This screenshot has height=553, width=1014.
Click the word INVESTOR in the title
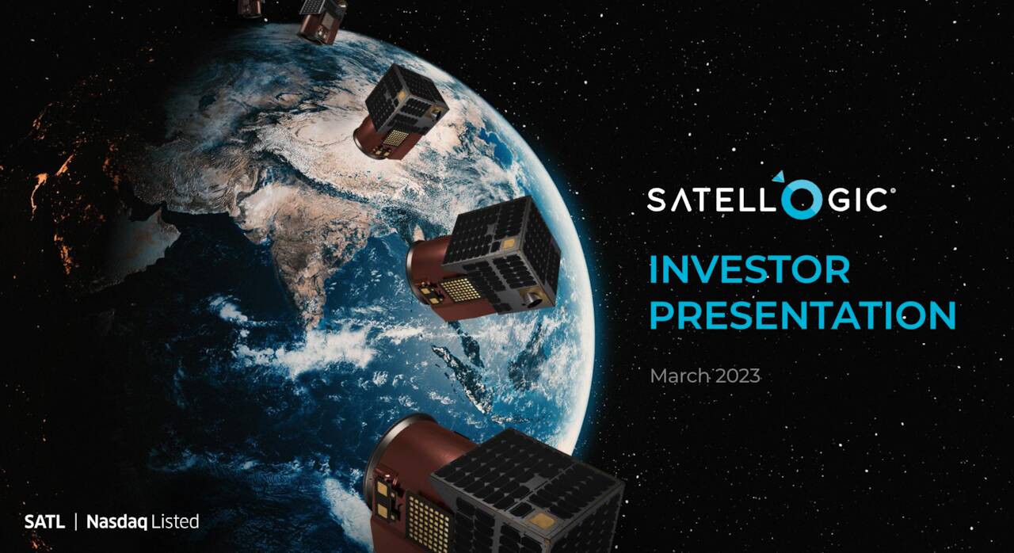[x=749, y=270]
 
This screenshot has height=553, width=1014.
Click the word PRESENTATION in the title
[x=802, y=315]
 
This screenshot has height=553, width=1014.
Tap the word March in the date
[x=680, y=376]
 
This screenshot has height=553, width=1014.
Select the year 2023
[x=738, y=376]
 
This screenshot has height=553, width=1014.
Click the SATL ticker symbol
[x=44, y=522]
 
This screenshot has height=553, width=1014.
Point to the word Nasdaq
[x=117, y=522]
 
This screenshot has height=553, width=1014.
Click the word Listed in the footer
[x=175, y=522]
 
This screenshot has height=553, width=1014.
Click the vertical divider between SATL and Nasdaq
[x=76, y=522]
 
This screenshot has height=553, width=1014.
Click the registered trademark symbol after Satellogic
[x=893, y=190]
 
